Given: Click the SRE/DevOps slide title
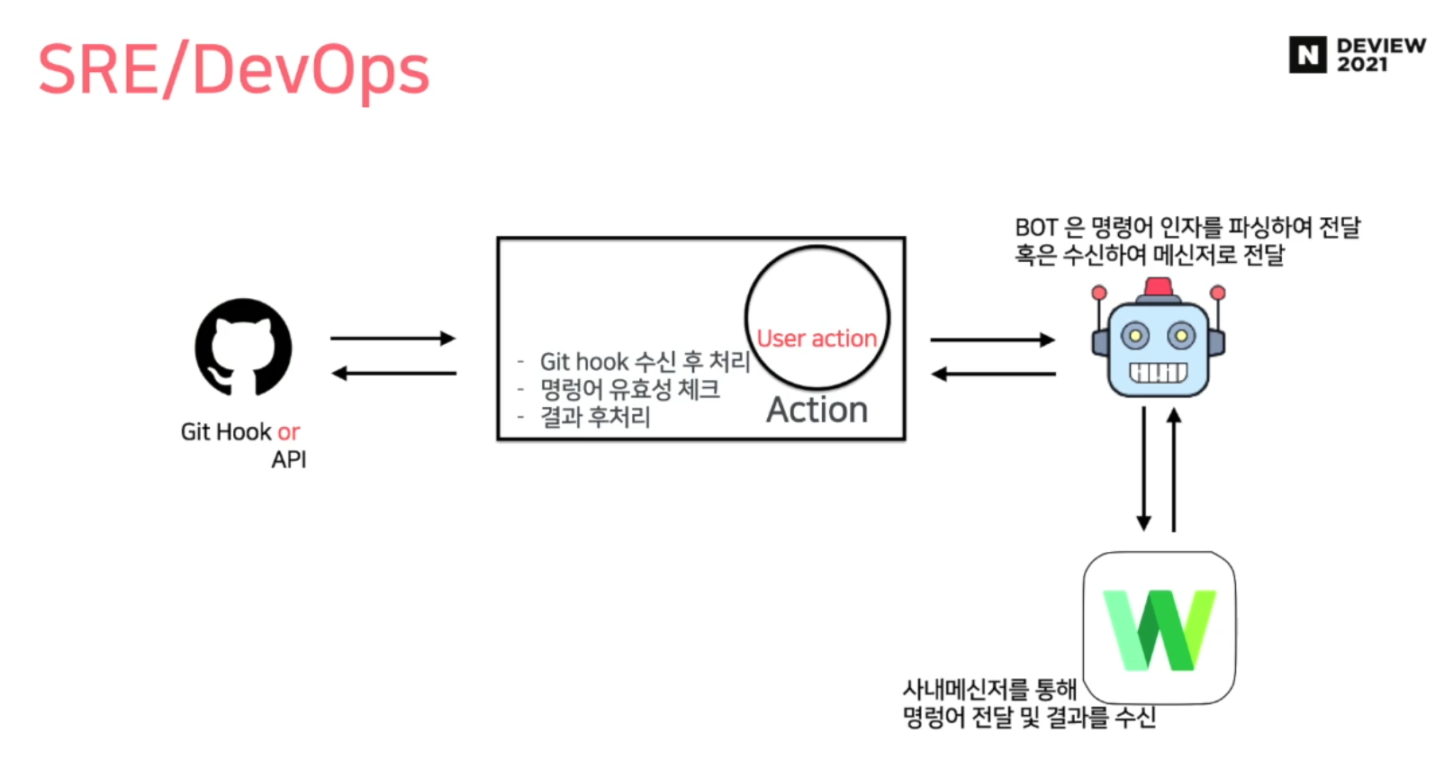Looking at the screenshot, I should point(233,70).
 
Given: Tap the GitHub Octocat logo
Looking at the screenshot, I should point(243,347).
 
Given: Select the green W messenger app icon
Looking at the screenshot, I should point(1159,629).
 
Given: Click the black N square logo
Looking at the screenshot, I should point(1307,55).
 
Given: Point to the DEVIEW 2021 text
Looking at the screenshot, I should point(1380,55).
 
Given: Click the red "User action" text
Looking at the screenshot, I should point(817,339).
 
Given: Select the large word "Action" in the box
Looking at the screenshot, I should point(817,410).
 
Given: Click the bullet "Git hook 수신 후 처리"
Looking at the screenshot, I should point(645,361).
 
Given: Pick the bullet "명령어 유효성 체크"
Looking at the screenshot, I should point(629,389).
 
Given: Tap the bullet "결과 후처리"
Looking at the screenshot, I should point(595,417).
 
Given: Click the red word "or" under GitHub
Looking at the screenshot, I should point(288,432).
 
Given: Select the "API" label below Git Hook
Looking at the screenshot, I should point(289,459).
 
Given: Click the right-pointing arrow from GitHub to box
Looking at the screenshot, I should point(393,339).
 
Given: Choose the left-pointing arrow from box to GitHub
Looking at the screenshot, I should point(393,373).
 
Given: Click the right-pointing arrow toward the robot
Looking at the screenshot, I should point(992,339).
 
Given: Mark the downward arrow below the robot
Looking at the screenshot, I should point(1143,468).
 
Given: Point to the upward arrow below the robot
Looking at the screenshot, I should point(1173,468).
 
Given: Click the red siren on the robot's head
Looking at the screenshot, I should point(1158,287).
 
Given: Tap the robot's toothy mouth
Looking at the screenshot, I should point(1158,372).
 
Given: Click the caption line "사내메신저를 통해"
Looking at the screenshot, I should point(989,690).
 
